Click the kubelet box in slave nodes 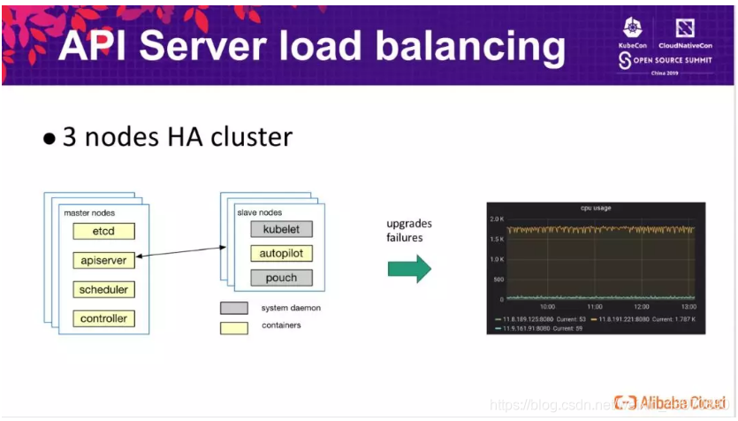pos(281,229)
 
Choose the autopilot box pos(281,254)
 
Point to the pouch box pos(281,278)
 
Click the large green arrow pos(410,268)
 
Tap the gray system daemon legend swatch pos(234,308)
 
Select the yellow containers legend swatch pos(234,326)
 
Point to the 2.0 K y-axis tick pos(496,218)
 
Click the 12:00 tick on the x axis pos(643,308)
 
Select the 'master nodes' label pos(89,213)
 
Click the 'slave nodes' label pos(259,212)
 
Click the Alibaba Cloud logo pos(669,402)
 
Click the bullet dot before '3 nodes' pos(50,139)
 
